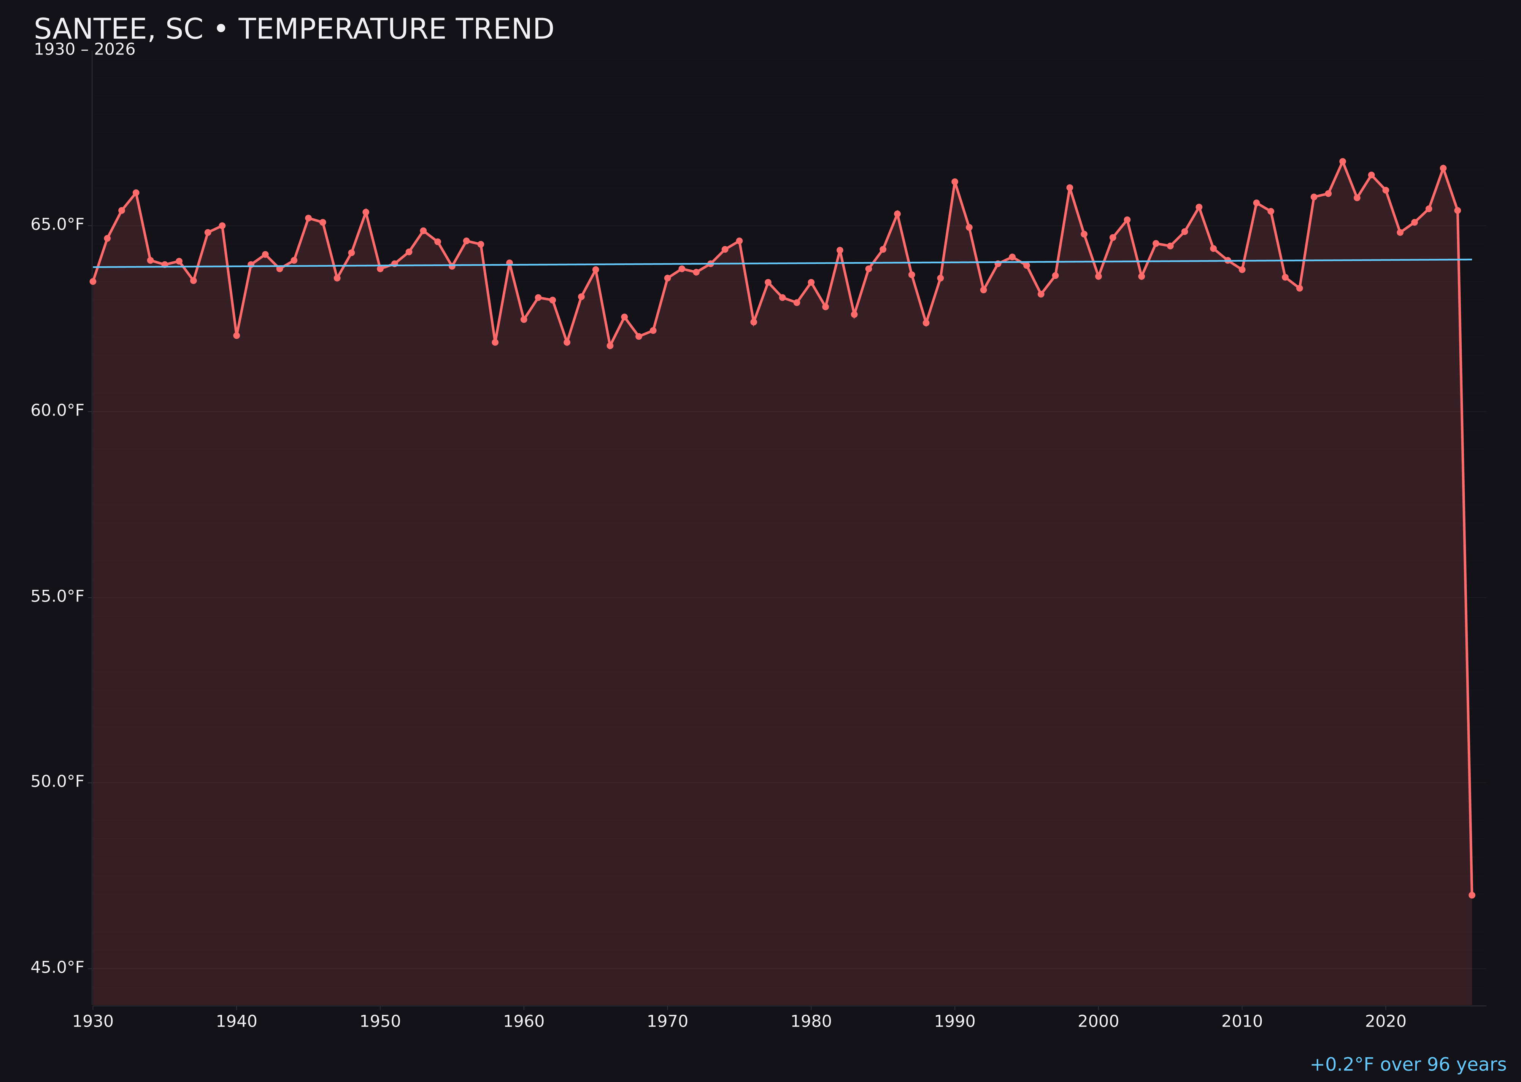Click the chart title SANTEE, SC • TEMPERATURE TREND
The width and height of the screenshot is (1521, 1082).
coord(294,29)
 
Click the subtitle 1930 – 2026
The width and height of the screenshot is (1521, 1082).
coord(84,50)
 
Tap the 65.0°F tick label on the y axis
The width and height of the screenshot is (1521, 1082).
coord(57,224)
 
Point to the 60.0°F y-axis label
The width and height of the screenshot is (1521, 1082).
coord(57,411)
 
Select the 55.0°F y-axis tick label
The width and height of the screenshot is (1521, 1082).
coord(57,596)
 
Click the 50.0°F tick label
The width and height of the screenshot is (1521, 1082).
coord(57,781)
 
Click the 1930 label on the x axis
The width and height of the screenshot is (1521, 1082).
coord(92,1022)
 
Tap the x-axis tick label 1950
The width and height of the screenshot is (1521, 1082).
coord(380,1022)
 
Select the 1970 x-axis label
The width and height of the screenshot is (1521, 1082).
coord(667,1022)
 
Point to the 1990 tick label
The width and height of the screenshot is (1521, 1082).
coord(954,1022)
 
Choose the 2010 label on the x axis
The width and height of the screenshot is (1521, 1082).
coord(1242,1022)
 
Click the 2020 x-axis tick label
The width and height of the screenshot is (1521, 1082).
coord(1385,1022)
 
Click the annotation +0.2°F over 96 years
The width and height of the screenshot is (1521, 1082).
coord(1407,1064)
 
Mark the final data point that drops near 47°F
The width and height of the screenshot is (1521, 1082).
coord(1472,895)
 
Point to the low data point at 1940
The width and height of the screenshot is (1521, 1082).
coord(237,335)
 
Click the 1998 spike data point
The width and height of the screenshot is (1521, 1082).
coord(1070,188)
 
